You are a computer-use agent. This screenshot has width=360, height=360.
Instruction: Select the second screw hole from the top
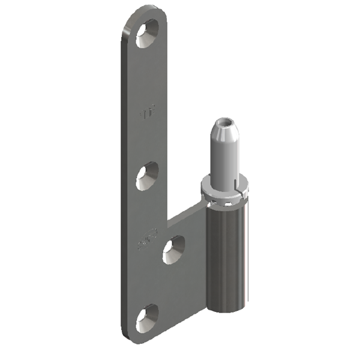tap(147, 176)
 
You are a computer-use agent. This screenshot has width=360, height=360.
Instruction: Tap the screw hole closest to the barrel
tap(173, 249)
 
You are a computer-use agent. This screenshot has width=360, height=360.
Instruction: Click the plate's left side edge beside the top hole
tap(125, 42)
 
